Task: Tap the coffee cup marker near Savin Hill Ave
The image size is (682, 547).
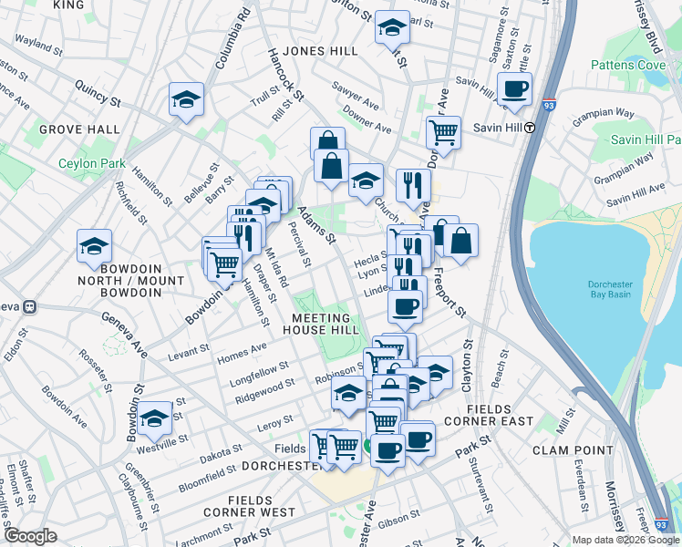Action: [514, 89]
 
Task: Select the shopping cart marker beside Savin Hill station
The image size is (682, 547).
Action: [443, 131]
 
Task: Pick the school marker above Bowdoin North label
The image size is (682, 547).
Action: [94, 246]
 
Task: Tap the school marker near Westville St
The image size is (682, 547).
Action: [155, 418]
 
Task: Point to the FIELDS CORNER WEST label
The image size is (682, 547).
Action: [262, 506]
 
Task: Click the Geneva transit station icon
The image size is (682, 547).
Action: [29, 306]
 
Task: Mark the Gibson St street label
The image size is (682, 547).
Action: [398, 517]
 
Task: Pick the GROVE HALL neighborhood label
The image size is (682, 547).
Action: [79, 130]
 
